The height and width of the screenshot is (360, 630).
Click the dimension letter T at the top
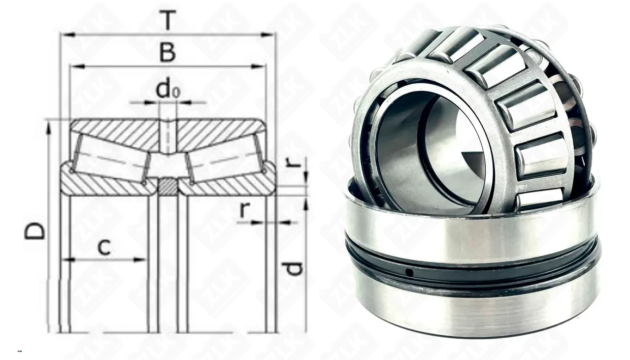click(x=168, y=20)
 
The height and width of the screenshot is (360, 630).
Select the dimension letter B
click(x=168, y=53)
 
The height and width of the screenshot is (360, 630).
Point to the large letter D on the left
click(x=35, y=231)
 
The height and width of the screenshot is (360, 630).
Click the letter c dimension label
click(x=104, y=247)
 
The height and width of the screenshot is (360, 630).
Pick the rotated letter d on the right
click(x=293, y=268)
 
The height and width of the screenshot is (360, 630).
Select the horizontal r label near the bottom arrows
click(x=245, y=210)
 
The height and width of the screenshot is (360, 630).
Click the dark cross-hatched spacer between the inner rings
click(x=168, y=187)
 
